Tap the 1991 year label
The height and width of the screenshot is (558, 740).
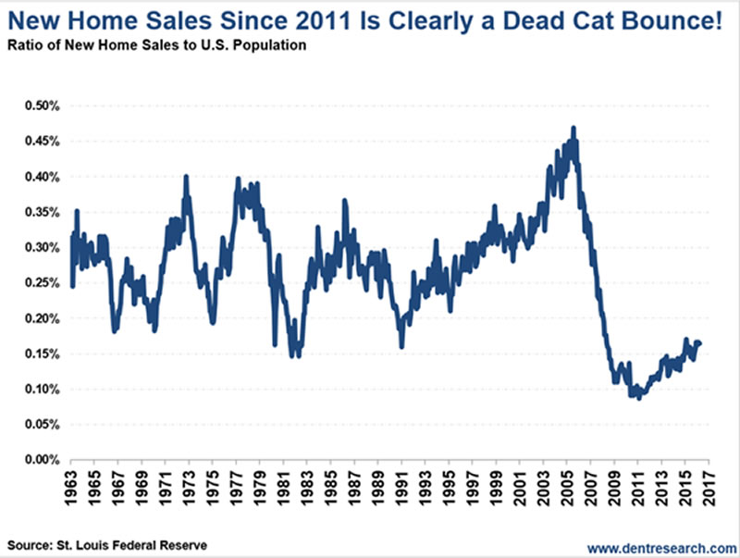[401, 487]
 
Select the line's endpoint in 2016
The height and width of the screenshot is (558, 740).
[699, 343]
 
